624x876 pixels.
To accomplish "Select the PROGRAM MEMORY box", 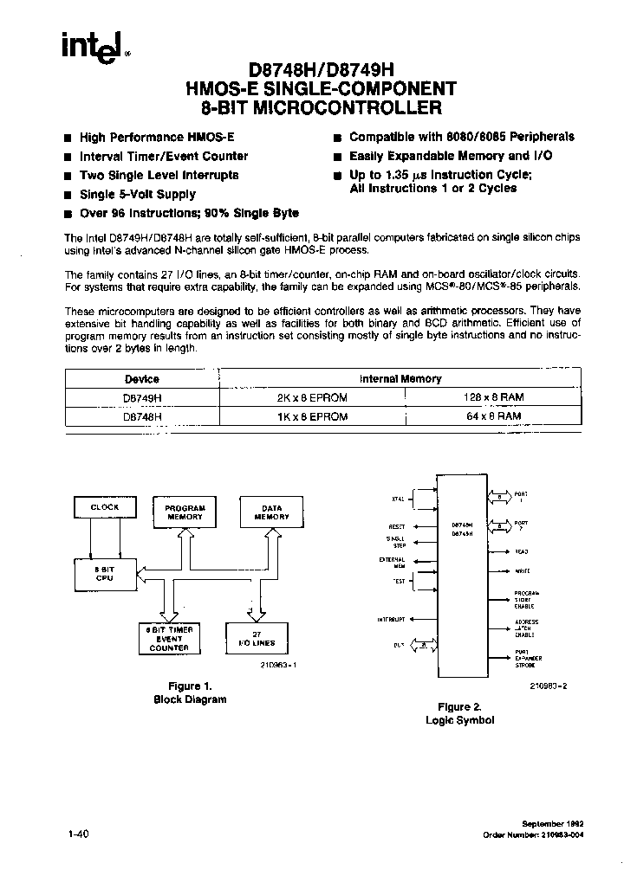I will [185, 512].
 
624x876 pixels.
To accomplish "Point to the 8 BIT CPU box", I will [104, 572].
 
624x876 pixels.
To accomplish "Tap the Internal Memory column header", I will [400, 378].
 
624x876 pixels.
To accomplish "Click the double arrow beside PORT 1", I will [501, 497].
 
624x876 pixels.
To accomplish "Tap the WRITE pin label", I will [523, 571].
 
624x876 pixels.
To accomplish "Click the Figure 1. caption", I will [189, 686].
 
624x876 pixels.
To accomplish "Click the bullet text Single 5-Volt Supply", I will [138, 195].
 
